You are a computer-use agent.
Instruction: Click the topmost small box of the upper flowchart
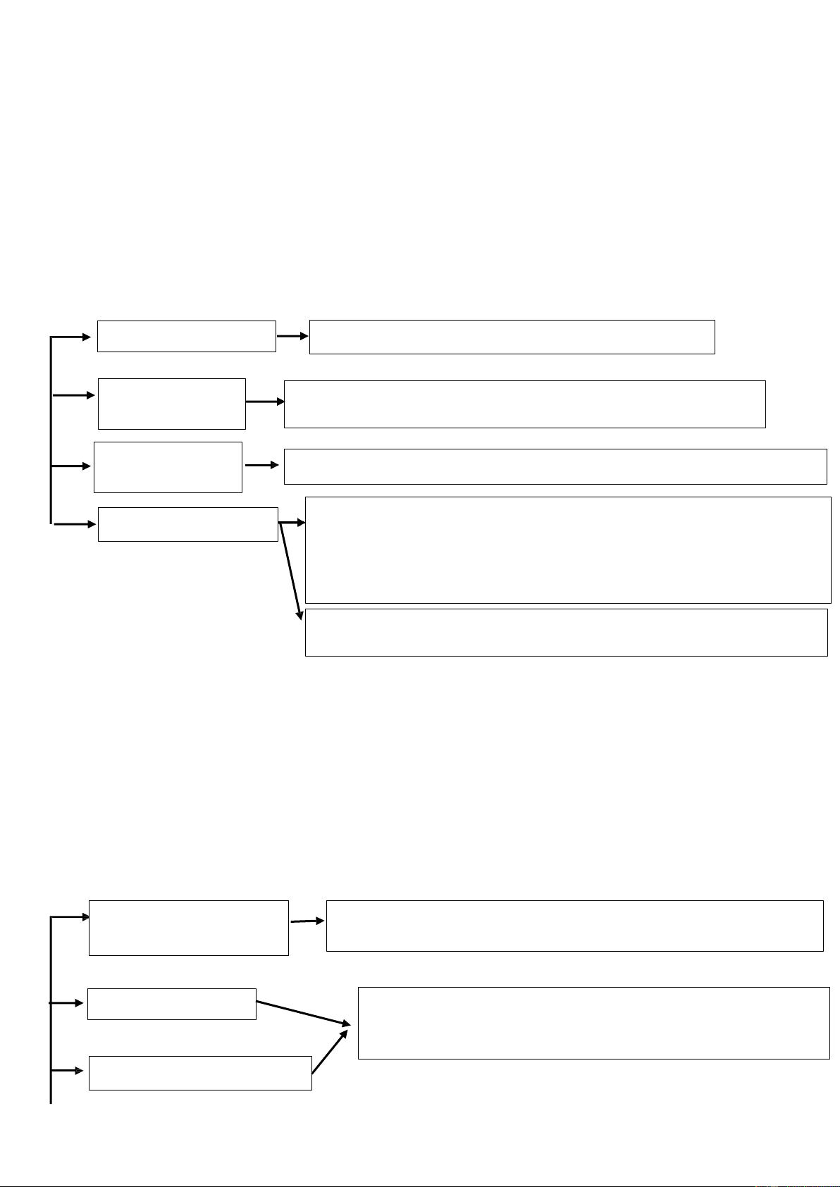coord(186,336)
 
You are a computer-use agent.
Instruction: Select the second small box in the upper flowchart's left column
coord(172,404)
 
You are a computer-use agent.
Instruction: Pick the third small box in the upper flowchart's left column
coord(168,467)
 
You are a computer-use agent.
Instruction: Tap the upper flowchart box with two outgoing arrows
coord(187,524)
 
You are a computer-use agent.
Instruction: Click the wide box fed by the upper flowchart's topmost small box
coord(512,337)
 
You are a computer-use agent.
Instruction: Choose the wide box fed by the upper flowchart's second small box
coord(524,404)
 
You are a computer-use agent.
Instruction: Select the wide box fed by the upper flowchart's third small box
coord(555,466)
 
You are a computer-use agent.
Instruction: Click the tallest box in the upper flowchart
coord(568,549)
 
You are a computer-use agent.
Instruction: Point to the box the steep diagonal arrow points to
coord(566,632)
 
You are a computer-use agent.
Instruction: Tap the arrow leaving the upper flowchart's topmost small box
coord(292,336)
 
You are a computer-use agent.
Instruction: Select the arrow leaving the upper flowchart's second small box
coord(265,402)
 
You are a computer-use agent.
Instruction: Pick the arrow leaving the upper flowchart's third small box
coord(262,465)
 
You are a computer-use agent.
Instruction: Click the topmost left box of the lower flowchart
coord(189,928)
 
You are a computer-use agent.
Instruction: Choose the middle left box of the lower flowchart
coord(171,1004)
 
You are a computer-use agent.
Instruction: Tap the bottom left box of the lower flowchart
coord(200,1073)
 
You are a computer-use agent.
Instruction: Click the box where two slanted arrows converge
coord(593,1023)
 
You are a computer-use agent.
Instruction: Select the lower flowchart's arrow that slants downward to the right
coord(303,1012)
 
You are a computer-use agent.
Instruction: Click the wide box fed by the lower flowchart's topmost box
coord(574,926)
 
